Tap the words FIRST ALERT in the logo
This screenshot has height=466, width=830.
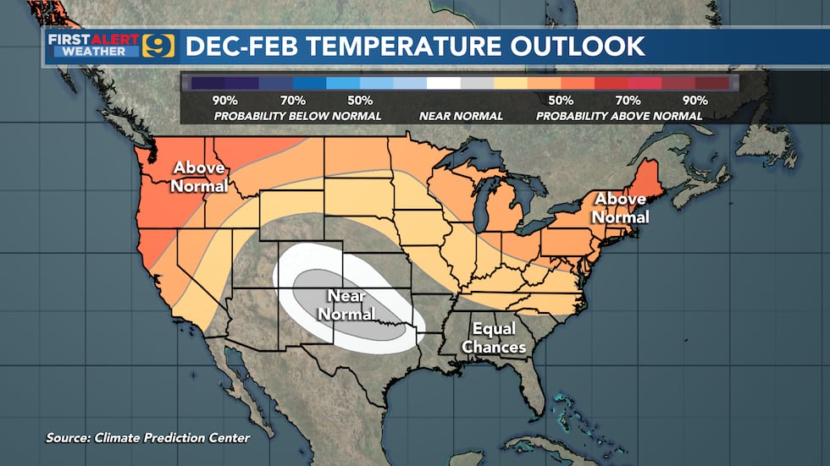coord(95,38)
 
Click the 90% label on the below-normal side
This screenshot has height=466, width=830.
coord(224,100)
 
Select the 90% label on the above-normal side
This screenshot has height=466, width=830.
coord(695,100)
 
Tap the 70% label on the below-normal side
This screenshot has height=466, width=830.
coord(291,100)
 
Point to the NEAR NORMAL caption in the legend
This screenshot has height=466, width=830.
coord(460,115)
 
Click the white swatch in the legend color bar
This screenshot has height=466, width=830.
coord(443,83)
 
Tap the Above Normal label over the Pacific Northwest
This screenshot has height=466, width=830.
coord(200,176)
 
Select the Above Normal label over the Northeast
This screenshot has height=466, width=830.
coord(621,208)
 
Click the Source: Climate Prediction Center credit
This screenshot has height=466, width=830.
coord(148,437)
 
